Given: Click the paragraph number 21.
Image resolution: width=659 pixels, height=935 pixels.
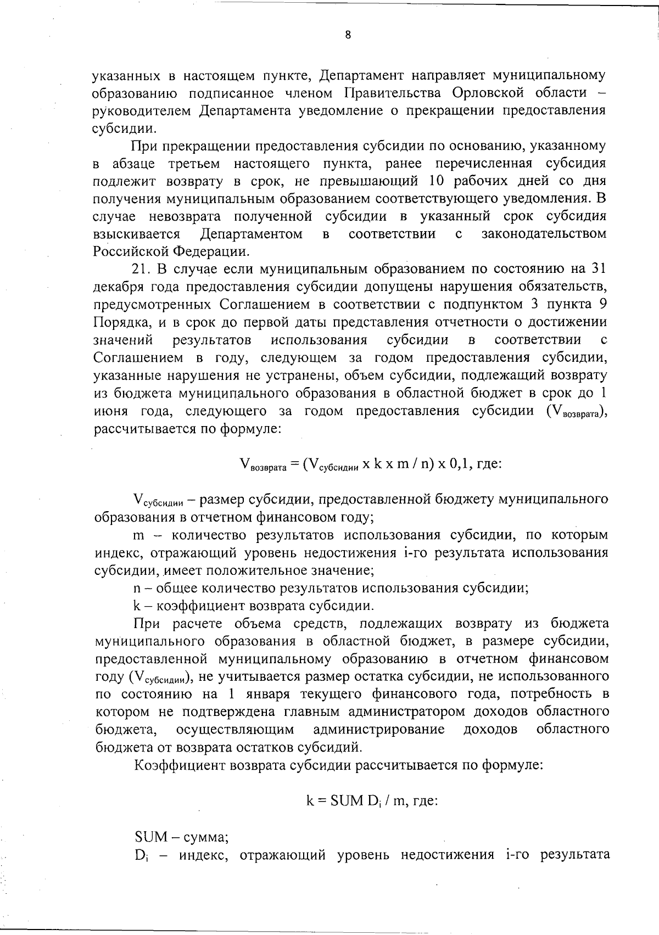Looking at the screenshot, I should point(143,269).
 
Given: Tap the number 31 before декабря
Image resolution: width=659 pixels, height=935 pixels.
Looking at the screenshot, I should point(598,269).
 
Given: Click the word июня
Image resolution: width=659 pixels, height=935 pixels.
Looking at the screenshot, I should point(110,411).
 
